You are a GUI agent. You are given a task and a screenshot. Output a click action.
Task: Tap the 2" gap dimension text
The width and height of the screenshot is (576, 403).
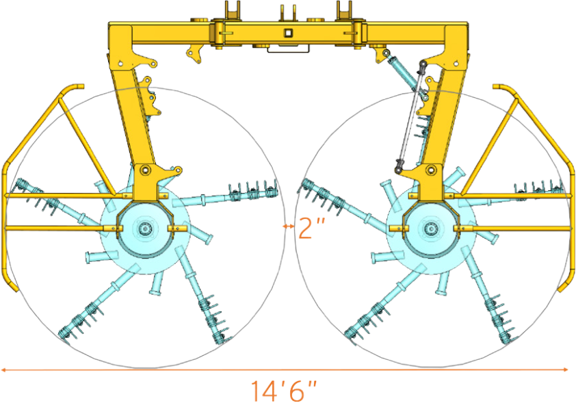(309, 227)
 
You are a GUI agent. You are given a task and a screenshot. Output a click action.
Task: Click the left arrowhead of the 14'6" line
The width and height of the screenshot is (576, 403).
(3, 369)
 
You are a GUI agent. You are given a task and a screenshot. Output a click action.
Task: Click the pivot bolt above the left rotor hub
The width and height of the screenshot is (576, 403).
(144, 170)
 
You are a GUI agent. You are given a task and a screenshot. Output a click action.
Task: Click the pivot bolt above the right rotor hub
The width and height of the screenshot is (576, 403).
(430, 170)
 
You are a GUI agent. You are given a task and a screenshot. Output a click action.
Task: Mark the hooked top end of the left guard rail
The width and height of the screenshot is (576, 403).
(77, 87)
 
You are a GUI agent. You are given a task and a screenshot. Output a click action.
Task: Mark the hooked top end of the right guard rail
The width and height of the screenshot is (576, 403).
(498, 87)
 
